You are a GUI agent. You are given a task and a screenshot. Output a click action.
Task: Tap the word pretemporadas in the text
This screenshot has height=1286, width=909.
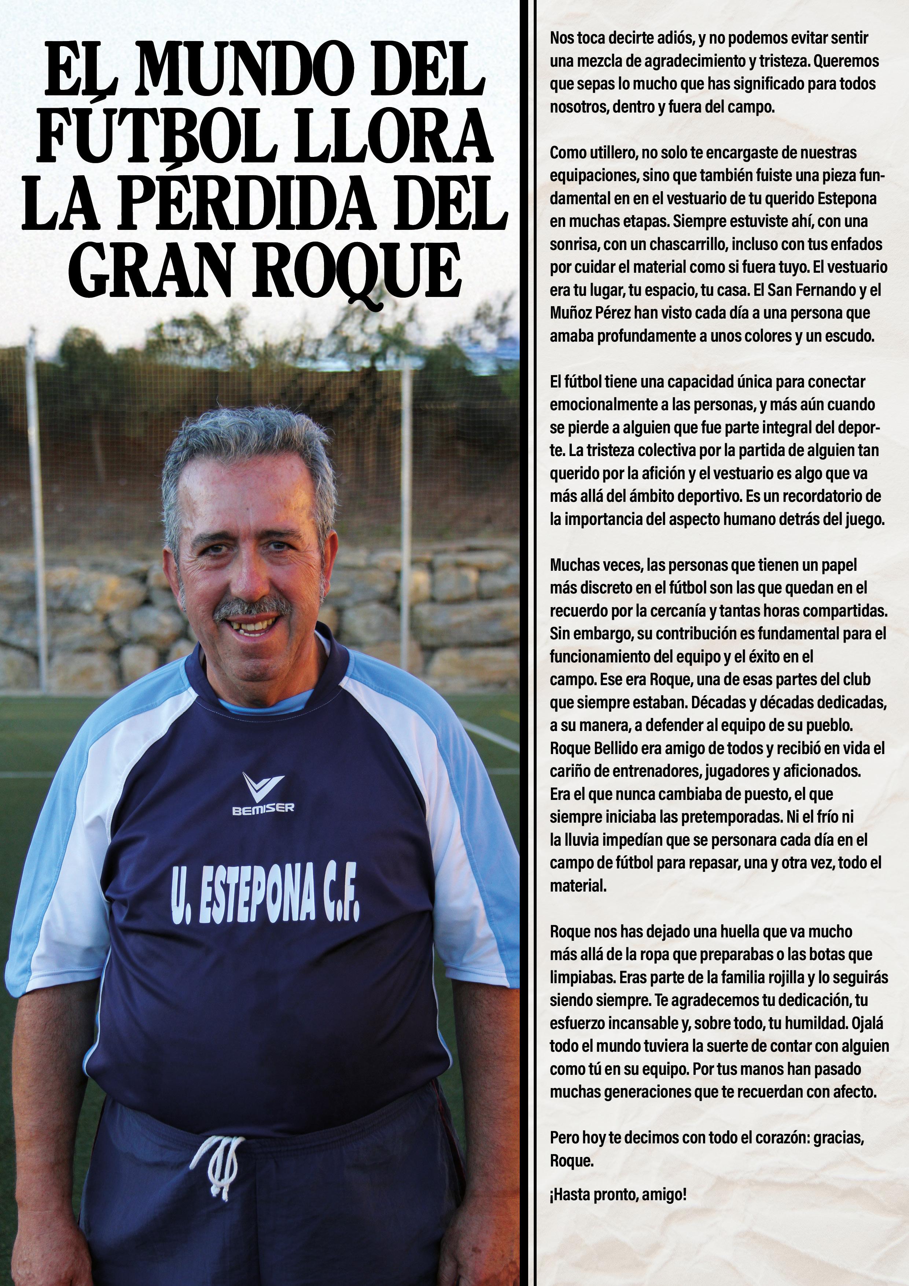[731, 817]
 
